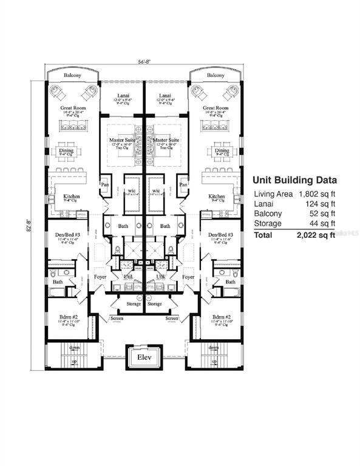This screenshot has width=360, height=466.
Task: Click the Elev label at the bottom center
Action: tap(144, 357)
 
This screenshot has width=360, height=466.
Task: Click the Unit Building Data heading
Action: tap(294, 180)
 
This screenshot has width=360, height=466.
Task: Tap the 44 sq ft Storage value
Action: tap(322, 223)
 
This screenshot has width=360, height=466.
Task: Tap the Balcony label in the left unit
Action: tap(74, 76)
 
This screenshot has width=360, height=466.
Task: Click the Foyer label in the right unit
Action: tap(188, 277)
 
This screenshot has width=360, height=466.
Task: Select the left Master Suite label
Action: tap(122, 140)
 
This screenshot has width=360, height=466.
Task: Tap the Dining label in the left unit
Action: tap(74, 150)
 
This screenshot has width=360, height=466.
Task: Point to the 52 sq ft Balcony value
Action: tap(322, 214)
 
